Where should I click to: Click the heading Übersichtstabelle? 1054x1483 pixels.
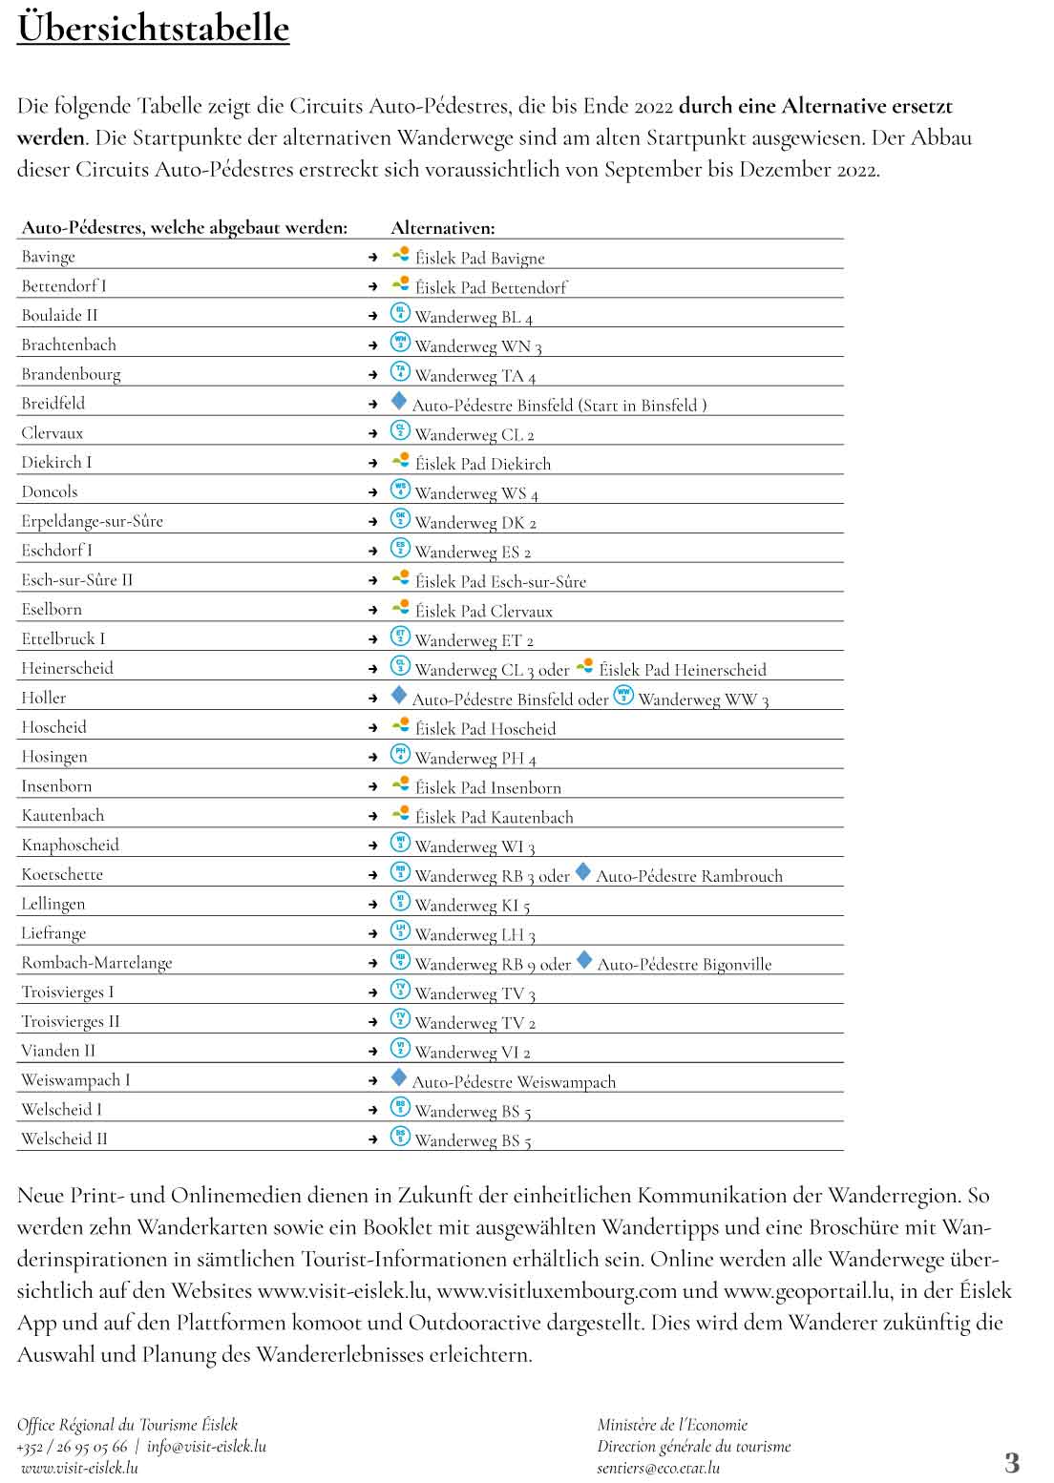pyautogui.click(x=153, y=29)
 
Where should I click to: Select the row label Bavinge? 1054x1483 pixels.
pyautogui.click(x=48, y=257)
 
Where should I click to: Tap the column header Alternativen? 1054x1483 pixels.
pyautogui.click(x=442, y=228)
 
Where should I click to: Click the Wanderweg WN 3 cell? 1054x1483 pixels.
pyautogui.click(x=477, y=346)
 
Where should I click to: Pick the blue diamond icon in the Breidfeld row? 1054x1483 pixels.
pyautogui.click(x=399, y=402)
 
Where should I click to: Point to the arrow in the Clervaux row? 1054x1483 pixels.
pyautogui.click(x=373, y=433)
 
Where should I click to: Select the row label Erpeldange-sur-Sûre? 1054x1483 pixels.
pyautogui.click(x=92, y=521)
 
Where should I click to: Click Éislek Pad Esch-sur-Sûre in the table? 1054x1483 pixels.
pyautogui.click(x=500, y=581)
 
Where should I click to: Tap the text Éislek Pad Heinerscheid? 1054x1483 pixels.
pyautogui.click(x=682, y=670)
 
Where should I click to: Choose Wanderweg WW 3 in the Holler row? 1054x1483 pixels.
pyautogui.click(x=703, y=700)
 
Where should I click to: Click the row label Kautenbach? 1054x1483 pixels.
pyautogui.click(x=63, y=816)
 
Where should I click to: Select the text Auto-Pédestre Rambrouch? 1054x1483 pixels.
pyautogui.click(x=688, y=876)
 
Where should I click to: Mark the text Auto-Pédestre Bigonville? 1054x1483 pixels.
pyautogui.click(x=684, y=964)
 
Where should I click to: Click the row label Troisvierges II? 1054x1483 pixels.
pyautogui.click(x=71, y=1022)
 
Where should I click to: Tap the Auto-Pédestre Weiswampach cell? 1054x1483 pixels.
pyautogui.click(x=514, y=1082)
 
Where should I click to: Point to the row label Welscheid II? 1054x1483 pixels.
pyautogui.click(x=64, y=1139)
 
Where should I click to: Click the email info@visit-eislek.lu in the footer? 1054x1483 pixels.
pyautogui.click(x=206, y=1447)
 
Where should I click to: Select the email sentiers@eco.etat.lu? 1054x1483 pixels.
pyautogui.click(x=659, y=1469)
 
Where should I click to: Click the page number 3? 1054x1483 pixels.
pyautogui.click(x=1012, y=1462)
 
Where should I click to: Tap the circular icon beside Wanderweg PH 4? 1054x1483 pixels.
pyautogui.click(x=400, y=756)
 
